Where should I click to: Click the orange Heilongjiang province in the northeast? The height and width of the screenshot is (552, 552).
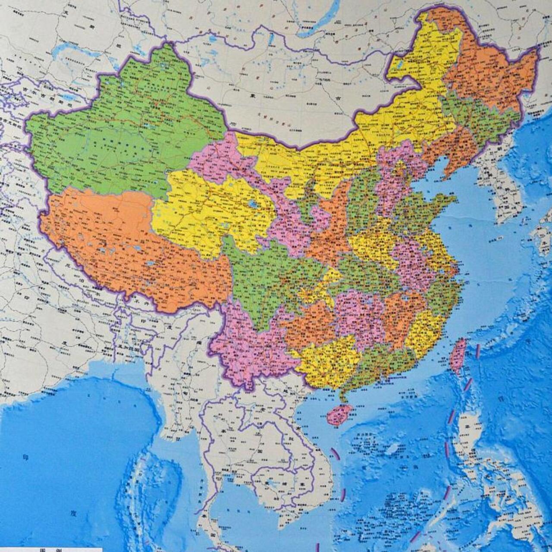click(x=487, y=78)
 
